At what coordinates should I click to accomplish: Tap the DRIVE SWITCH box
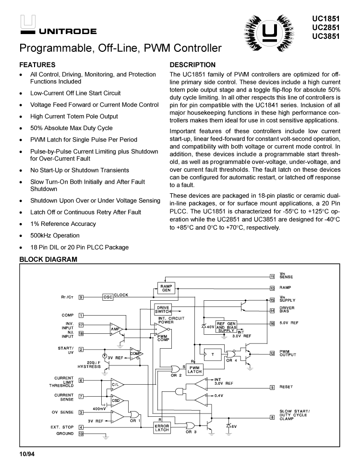tap(163, 309)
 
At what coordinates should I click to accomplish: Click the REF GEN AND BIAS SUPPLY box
tap(227, 326)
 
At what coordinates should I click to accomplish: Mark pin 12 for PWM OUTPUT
tap(272, 354)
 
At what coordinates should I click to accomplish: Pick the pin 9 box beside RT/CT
tap(81, 297)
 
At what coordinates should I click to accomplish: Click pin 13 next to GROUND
tap(81, 434)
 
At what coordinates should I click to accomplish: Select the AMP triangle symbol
tap(116, 329)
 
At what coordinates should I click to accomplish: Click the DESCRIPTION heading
tap(192, 65)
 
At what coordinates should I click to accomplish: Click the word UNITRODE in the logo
tap(68, 32)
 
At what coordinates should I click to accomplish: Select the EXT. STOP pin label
tap(61, 427)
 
